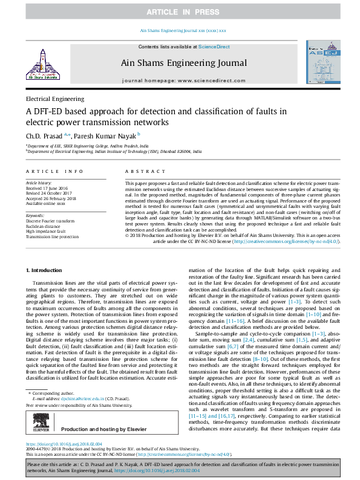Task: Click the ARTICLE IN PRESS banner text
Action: pos(180,12)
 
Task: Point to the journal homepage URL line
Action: pos(182,80)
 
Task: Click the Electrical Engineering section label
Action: pos(54,99)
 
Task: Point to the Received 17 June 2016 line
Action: pos(47,187)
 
